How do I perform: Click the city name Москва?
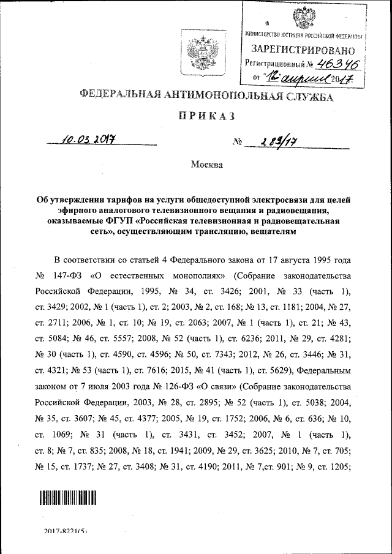[206, 164]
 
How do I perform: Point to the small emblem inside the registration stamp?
[301, 17]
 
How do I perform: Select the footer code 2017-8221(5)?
[66, 533]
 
